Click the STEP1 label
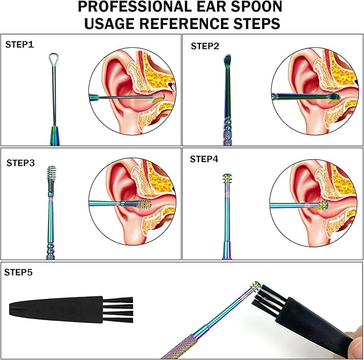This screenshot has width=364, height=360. (19, 45)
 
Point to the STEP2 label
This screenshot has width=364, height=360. (205, 46)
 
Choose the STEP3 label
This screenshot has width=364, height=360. (21, 162)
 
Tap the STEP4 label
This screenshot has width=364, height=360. (204, 160)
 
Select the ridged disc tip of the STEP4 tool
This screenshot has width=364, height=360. (226, 179)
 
